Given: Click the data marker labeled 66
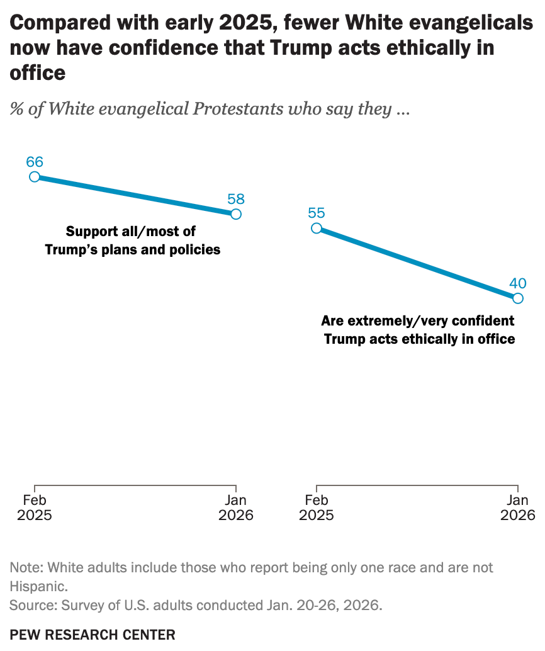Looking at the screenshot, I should click(35, 177).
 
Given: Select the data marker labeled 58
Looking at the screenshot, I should click(236, 214).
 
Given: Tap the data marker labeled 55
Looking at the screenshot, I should click(317, 228).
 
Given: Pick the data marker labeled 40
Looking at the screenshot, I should click(518, 298).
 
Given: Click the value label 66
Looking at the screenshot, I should click(35, 161).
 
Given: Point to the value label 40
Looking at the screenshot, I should click(518, 282).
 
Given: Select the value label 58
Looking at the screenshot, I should click(236, 199).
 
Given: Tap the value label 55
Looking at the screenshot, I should click(317, 213).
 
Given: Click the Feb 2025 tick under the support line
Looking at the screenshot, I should click(35, 507).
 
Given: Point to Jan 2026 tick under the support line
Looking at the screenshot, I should click(236, 507).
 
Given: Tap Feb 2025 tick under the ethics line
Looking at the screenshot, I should click(317, 507).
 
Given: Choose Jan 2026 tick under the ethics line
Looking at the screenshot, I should click(518, 507).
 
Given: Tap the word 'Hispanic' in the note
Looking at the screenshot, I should click(37, 586).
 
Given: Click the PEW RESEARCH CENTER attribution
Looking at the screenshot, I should click(93, 634).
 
